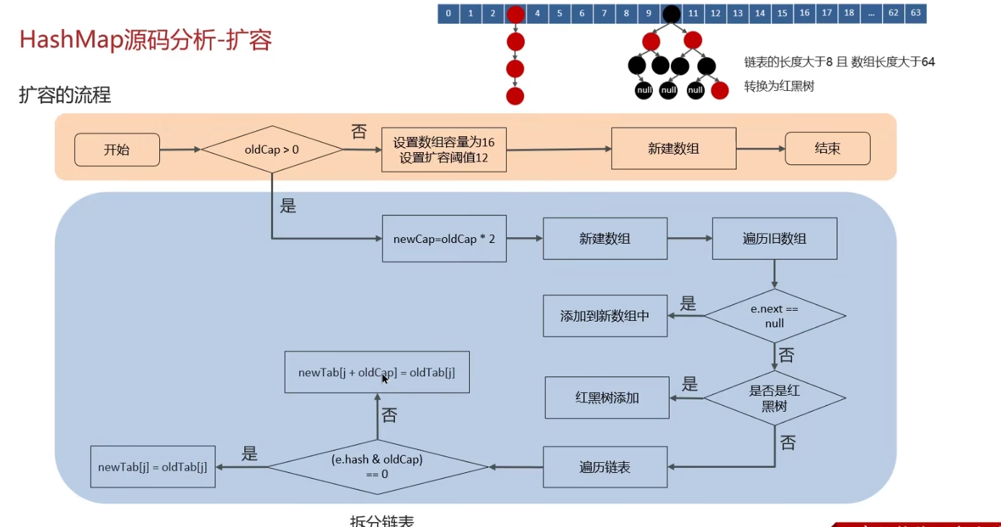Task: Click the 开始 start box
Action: (x=117, y=150)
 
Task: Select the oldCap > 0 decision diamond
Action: (x=272, y=150)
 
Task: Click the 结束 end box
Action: (x=827, y=149)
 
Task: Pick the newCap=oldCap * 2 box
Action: (x=444, y=239)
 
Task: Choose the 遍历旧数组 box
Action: (x=774, y=239)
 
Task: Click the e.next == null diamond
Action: (x=774, y=316)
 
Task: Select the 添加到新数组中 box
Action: (x=605, y=316)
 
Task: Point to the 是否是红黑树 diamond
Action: (x=774, y=398)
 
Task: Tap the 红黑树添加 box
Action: (x=607, y=397)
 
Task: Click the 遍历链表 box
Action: (x=605, y=467)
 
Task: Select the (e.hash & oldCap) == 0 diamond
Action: (x=377, y=466)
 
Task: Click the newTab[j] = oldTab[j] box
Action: (x=153, y=466)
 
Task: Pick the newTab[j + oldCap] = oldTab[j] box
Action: (x=377, y=372)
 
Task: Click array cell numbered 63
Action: (x=915, y=13)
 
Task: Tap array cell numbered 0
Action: (x=448, y=13)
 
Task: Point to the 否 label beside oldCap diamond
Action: (x=358, y=131)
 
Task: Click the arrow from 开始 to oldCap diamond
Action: (x=180, y=150)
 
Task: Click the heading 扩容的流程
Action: (x=65, y=94)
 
